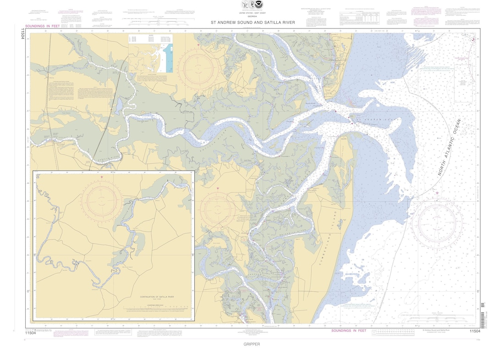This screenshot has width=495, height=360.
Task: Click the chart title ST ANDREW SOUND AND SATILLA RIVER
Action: click(x=253, y=22)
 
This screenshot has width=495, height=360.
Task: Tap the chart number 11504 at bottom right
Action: click(x=475, y=332)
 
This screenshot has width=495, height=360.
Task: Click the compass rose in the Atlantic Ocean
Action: click(x=434, y=224)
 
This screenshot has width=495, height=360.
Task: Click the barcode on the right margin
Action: click(x=482, y=310)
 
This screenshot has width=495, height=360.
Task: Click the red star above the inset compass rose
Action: click(x=101, y=177)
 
